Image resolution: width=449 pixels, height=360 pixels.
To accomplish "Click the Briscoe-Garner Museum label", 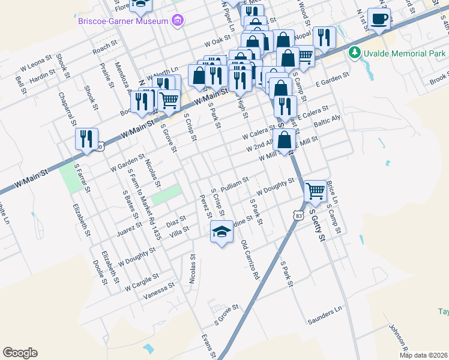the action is coord(122,22).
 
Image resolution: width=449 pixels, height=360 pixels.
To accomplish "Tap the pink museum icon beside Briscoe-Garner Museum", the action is coord(176,22).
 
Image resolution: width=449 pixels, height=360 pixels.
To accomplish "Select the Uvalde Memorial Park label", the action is coord(402,52).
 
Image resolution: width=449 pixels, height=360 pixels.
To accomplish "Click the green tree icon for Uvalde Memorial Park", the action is coord(354,52).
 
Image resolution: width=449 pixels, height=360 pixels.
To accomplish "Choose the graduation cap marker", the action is coord(221,232).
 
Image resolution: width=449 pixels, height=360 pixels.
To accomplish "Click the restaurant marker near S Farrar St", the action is coord(86,140).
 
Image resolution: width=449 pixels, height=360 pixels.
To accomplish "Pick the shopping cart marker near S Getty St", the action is coord(315,191).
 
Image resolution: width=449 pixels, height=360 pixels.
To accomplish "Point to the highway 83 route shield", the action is coord(298,214).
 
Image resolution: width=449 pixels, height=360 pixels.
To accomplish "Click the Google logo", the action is coord(20,353).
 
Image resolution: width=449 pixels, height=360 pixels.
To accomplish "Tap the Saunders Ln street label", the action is coord(324,315).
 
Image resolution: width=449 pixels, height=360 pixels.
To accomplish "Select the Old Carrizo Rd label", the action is coord(250,260).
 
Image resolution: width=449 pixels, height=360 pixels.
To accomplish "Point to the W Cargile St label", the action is coord(142,281).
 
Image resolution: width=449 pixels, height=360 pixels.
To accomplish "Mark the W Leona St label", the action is coord(40,61).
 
